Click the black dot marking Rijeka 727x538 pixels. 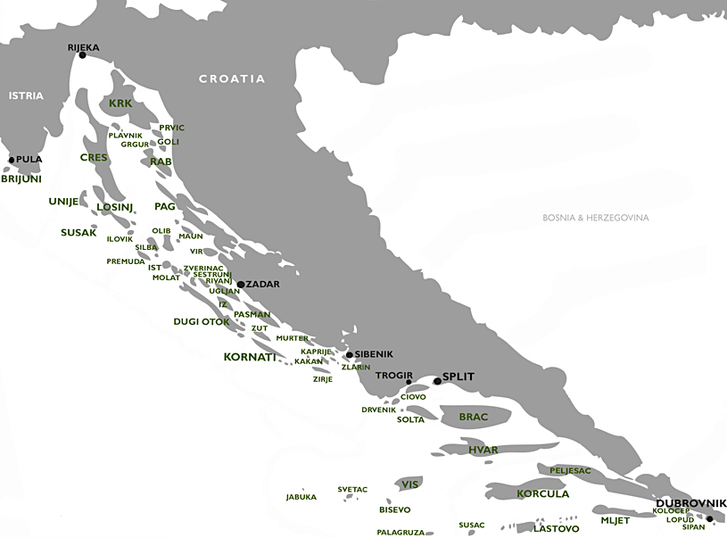82,55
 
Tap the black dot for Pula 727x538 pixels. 12,161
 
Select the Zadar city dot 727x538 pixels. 241,285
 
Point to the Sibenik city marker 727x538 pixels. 349,355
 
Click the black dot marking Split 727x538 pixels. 437,381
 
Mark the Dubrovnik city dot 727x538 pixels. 710,518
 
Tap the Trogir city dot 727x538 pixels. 409,383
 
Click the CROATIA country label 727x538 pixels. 232,79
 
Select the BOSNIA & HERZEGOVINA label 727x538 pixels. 596,218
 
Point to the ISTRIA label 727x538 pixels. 26,95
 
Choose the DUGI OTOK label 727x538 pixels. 202,321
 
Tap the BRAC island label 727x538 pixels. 474,417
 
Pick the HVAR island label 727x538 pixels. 483,450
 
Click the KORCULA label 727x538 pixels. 542,493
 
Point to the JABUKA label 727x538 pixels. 302,497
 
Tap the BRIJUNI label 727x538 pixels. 21,178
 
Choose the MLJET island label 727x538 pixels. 615,520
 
